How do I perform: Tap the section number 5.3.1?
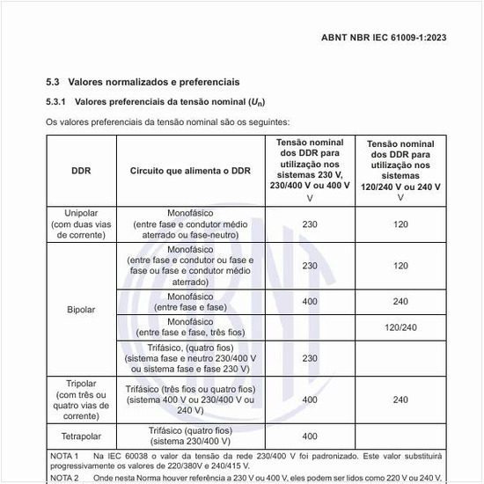[58, 102]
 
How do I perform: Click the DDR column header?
[81, 171]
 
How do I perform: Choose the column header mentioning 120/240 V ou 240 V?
[400, 170]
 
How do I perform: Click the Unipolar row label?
[81, 224]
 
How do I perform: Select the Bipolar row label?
[81, 310]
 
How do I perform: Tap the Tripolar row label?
[81, 400]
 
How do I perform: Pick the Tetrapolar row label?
[81, 436]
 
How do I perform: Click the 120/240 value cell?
[400, 327]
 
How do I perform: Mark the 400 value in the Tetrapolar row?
[310, 436]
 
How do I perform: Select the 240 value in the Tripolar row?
[400, 400]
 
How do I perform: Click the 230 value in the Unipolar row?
[310, 224]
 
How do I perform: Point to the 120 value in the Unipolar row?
[400, 224]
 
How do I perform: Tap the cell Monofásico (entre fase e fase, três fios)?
[191, 327]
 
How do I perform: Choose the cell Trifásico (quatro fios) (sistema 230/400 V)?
[191, 436]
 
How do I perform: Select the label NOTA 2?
[64, 477]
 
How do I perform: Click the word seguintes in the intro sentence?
[269, 121]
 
